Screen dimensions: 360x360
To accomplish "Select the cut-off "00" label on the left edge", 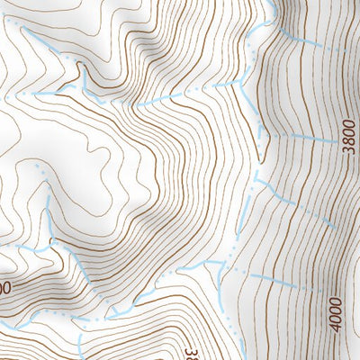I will (x=4, y=287).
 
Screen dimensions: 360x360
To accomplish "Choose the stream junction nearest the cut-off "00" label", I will (x=49, y=245).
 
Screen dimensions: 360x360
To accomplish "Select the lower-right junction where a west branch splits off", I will (x=225, y=262).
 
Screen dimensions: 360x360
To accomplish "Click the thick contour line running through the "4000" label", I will (x=335, y=270).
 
